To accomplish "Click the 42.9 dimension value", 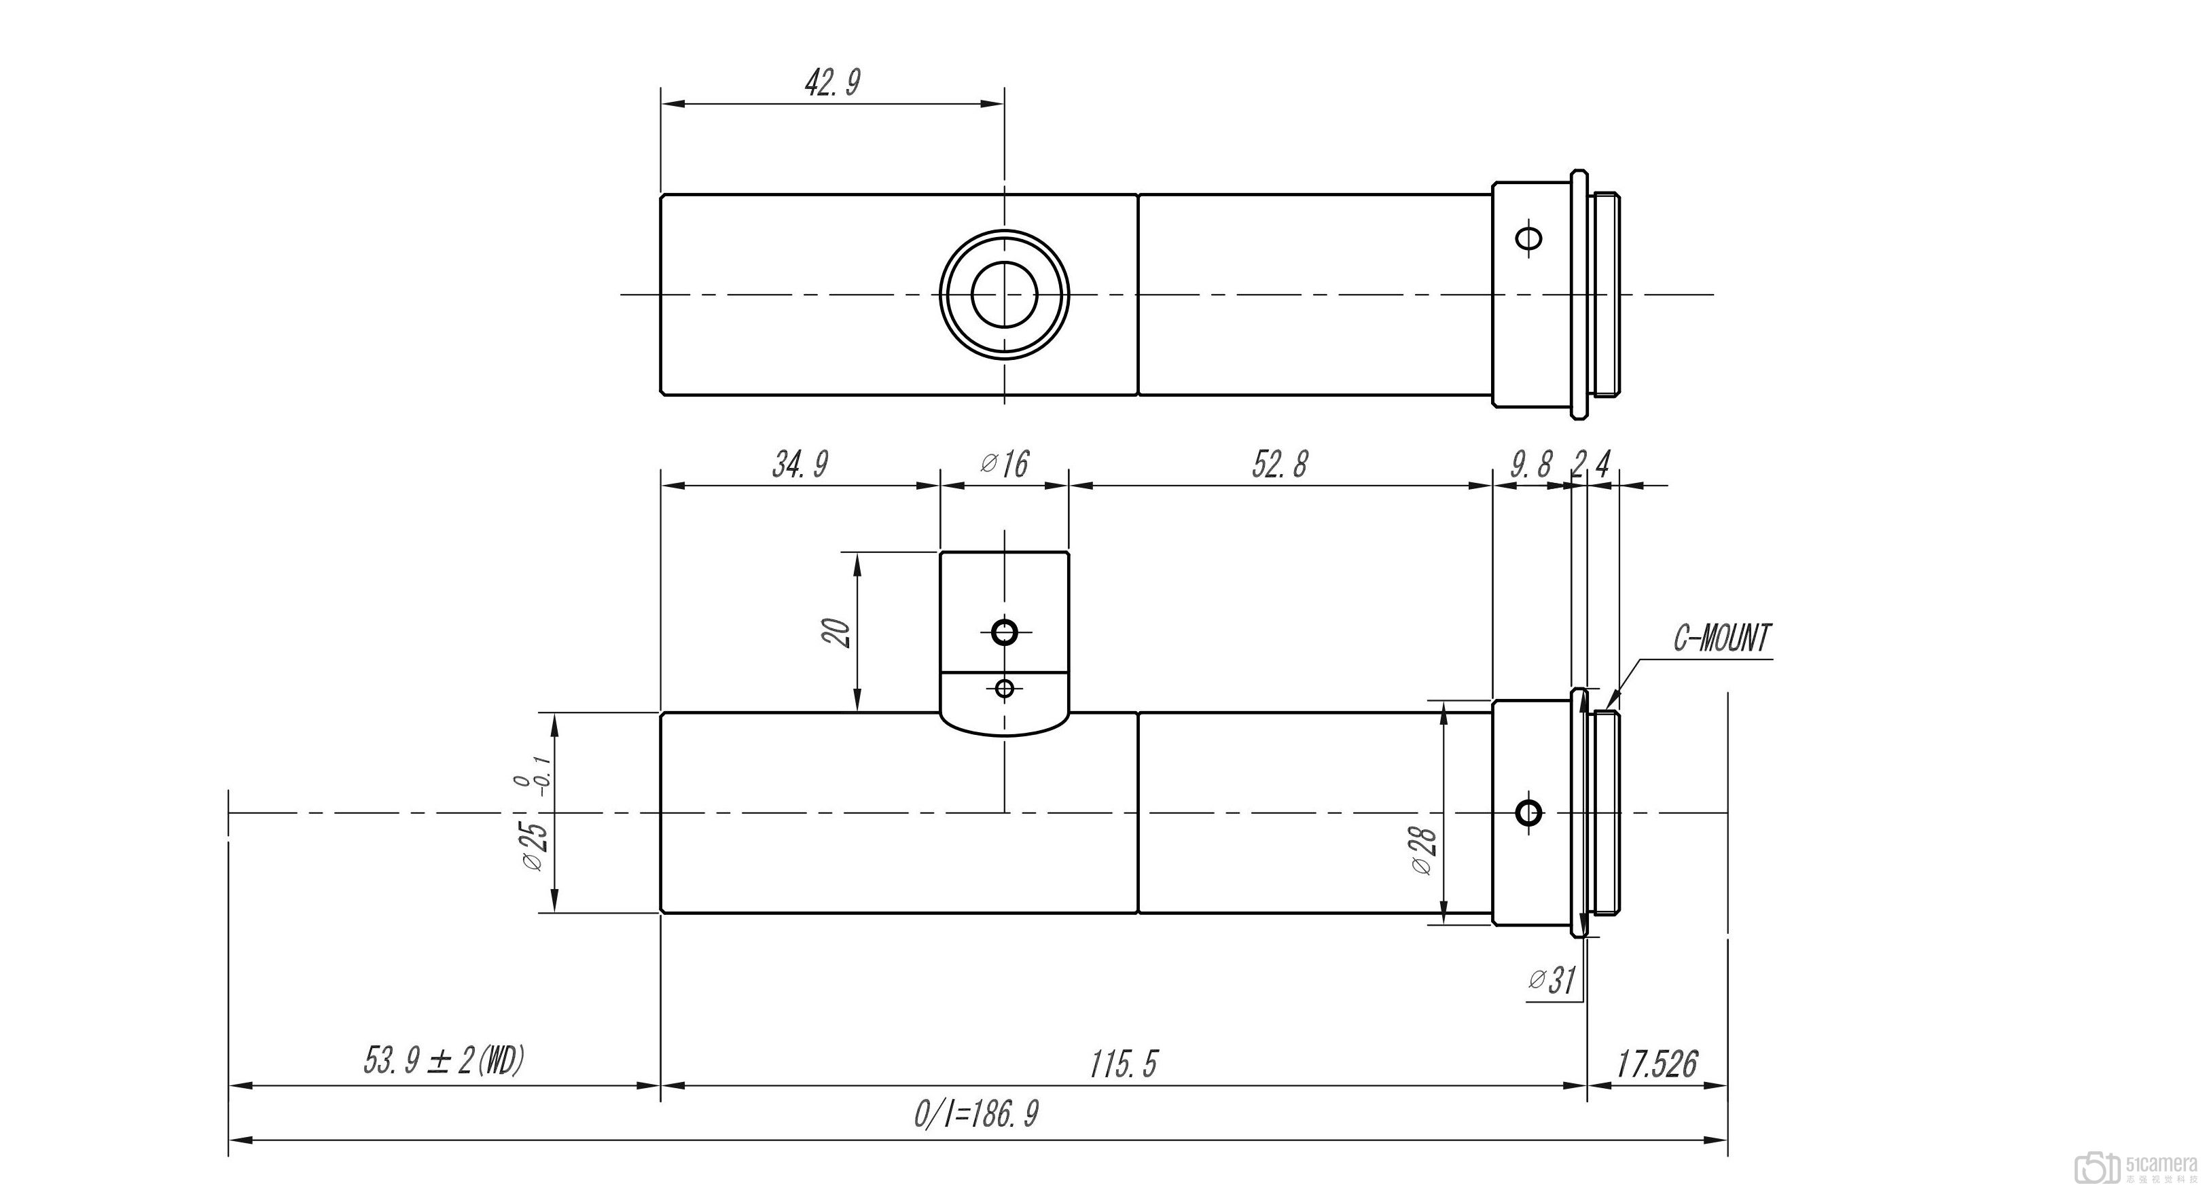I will pyautogui.click(x=832, y=83).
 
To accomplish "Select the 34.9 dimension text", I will pyautogui.click(x=800, y=465).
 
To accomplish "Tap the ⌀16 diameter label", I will pyautogui.click(x=1004, y=465).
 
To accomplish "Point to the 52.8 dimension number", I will pyautogui.click(x=1280, y=465).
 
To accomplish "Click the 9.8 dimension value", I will pyautogui.click(x=1530, y=465).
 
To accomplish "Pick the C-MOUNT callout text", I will pyautogui.click(x=1721, y=638).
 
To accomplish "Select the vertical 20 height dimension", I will pyautogui.click(x=838, y=632).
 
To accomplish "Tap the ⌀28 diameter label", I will pyautogui.click(x=1422, y=850).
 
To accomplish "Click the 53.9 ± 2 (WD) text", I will pyautogui.click(x=442, y=1061).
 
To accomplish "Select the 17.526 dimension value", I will pyautogui.click(x=1656, y=1064).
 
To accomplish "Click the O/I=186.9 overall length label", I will pyautogui.click(x=976, y=1114).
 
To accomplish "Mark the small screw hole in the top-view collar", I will pyautogui.click(x=1528, y=237).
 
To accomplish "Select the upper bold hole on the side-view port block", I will pyautogui.click(x=1004, y=632).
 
